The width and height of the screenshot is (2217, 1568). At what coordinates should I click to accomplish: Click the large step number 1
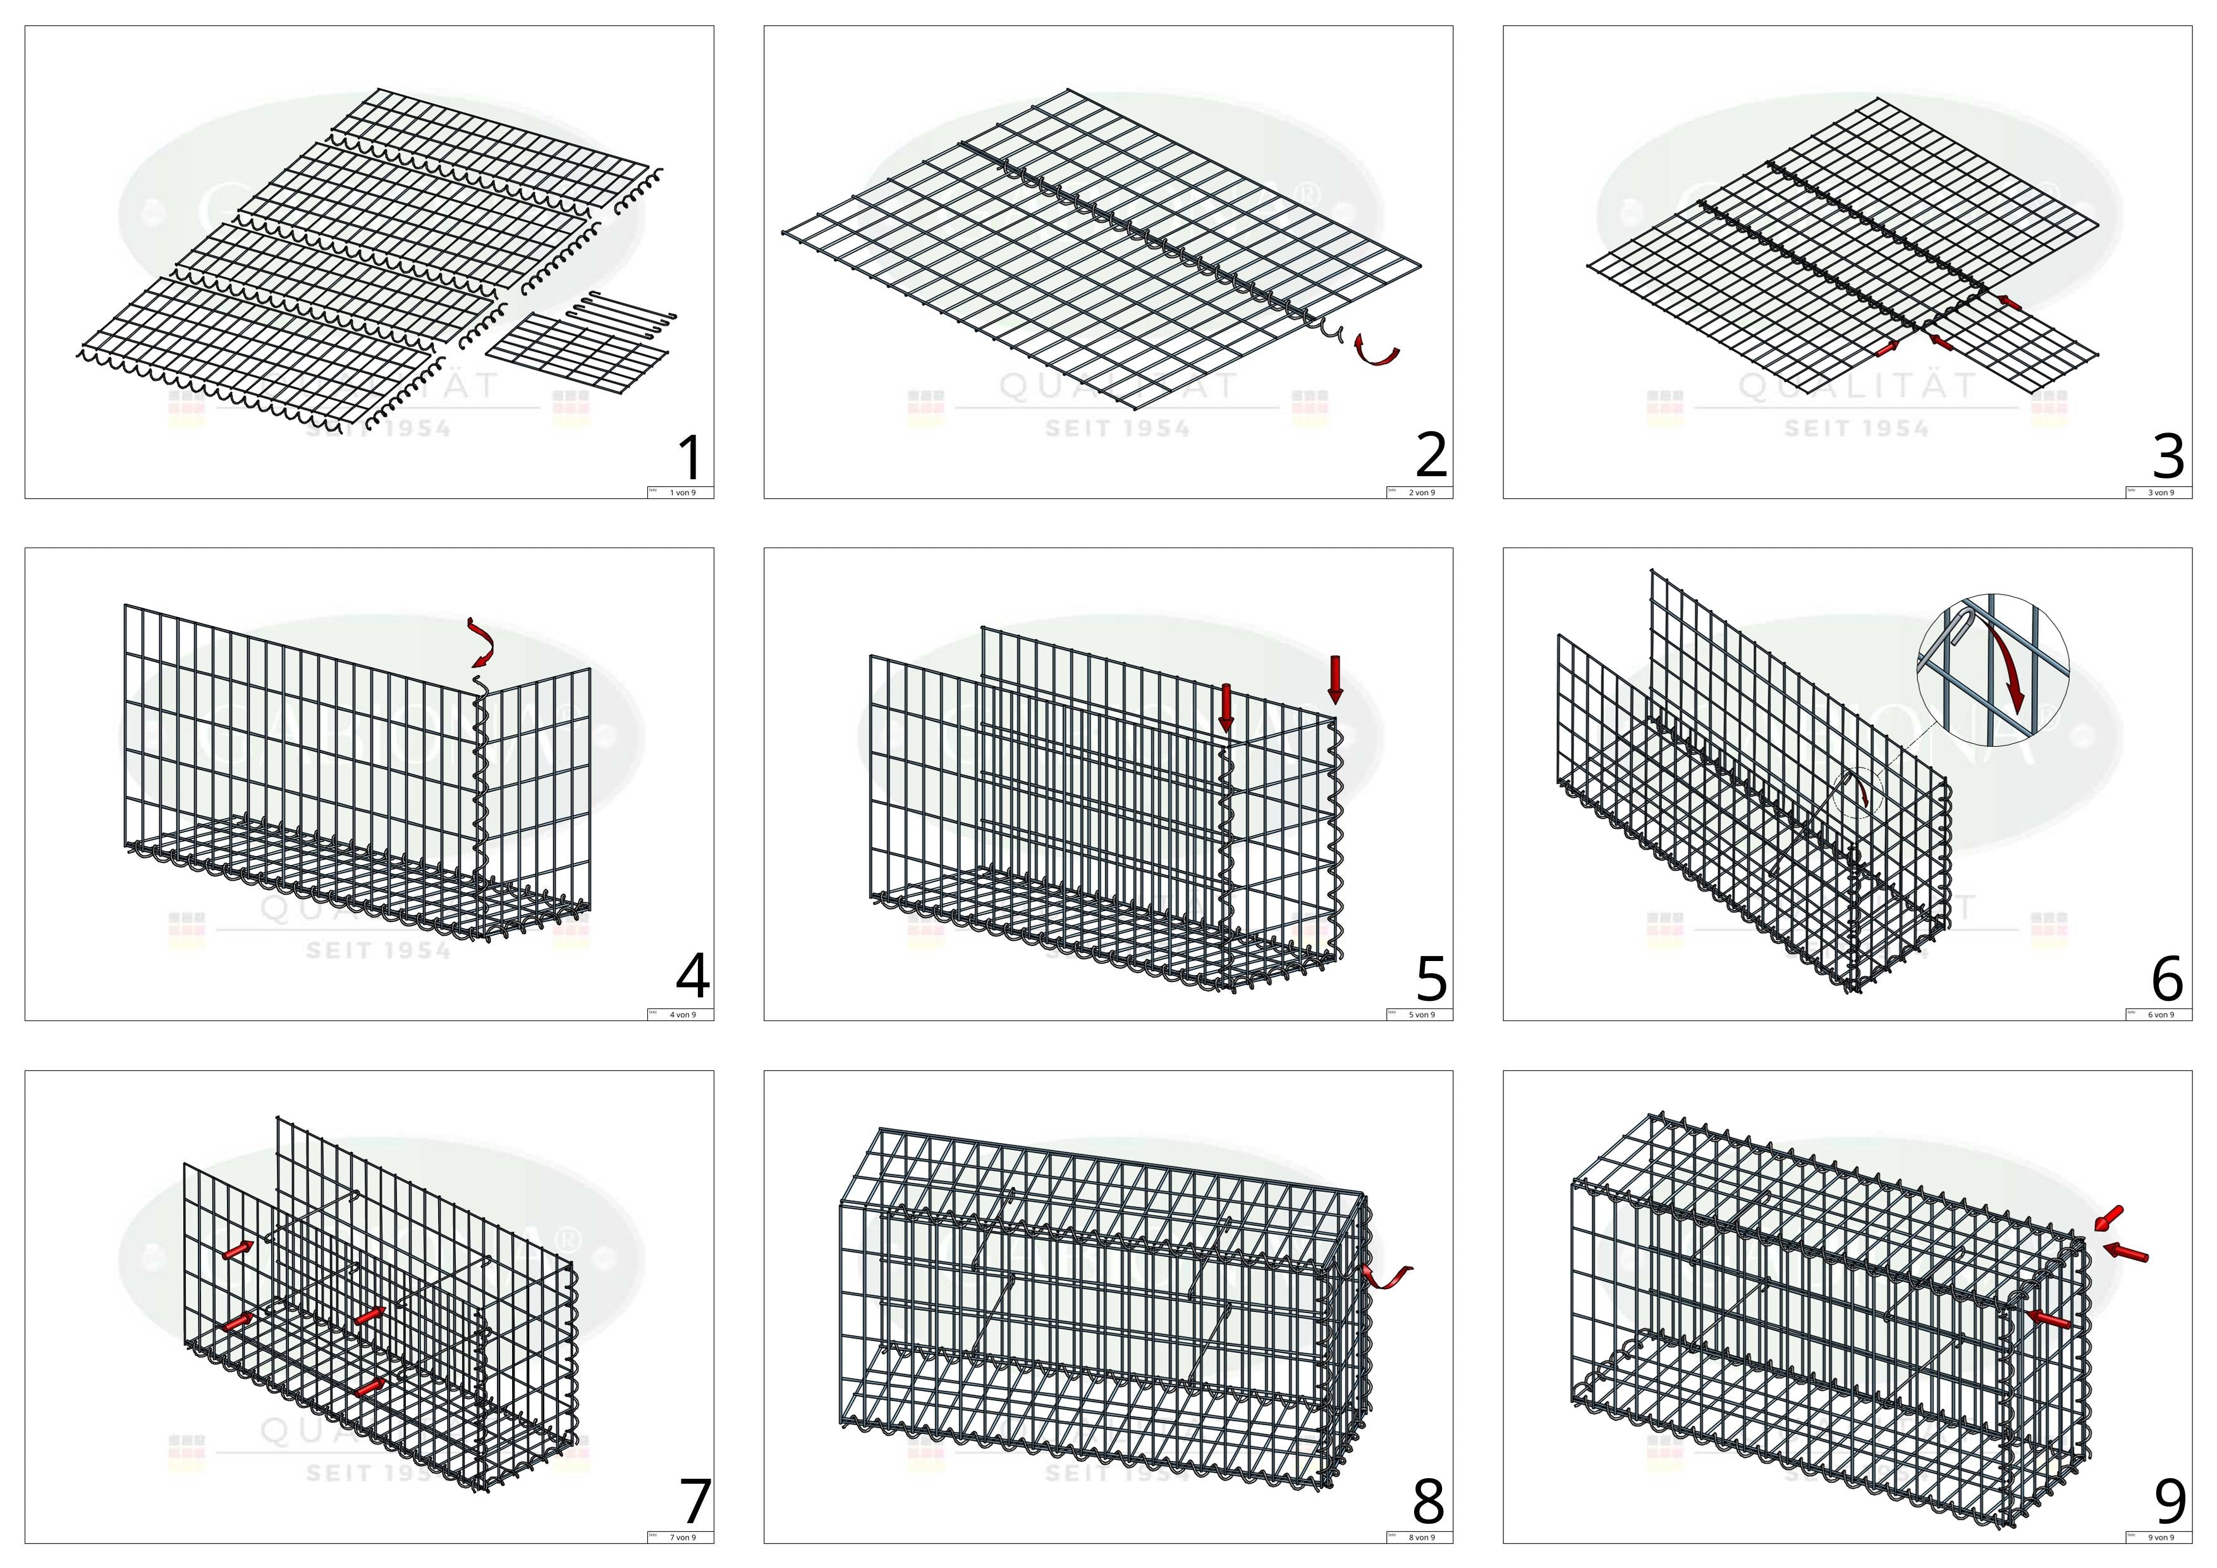pyautogui.click(x=690, y=458)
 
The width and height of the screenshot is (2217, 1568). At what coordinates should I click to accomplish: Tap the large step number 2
pyautogui.click(x=1431, y=456)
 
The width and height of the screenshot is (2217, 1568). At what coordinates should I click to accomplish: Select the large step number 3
pyautogui.click(x=2169, y=456)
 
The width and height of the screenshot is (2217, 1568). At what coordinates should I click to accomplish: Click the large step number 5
pyautogui.click(x=1431, y=979)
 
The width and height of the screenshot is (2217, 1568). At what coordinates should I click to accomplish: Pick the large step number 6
pyautogui.click(x=2168, y=979)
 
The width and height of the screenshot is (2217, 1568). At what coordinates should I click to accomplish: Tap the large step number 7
pyautogui.click(x=694, y=1502)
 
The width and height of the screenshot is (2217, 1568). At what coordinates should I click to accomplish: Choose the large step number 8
pyautogui.click(x=1429, y=1502)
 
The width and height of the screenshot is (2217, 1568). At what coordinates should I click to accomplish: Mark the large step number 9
pyautogui.click(x=2170, y=1502)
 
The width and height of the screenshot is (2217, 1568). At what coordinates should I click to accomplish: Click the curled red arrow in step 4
pyautogui.click(x=480, y=642)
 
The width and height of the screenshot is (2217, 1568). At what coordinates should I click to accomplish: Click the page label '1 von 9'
pyautogui.click(x=683, y=493)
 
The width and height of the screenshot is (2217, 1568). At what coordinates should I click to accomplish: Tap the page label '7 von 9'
pyautogui.click(x=683, y=1537)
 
